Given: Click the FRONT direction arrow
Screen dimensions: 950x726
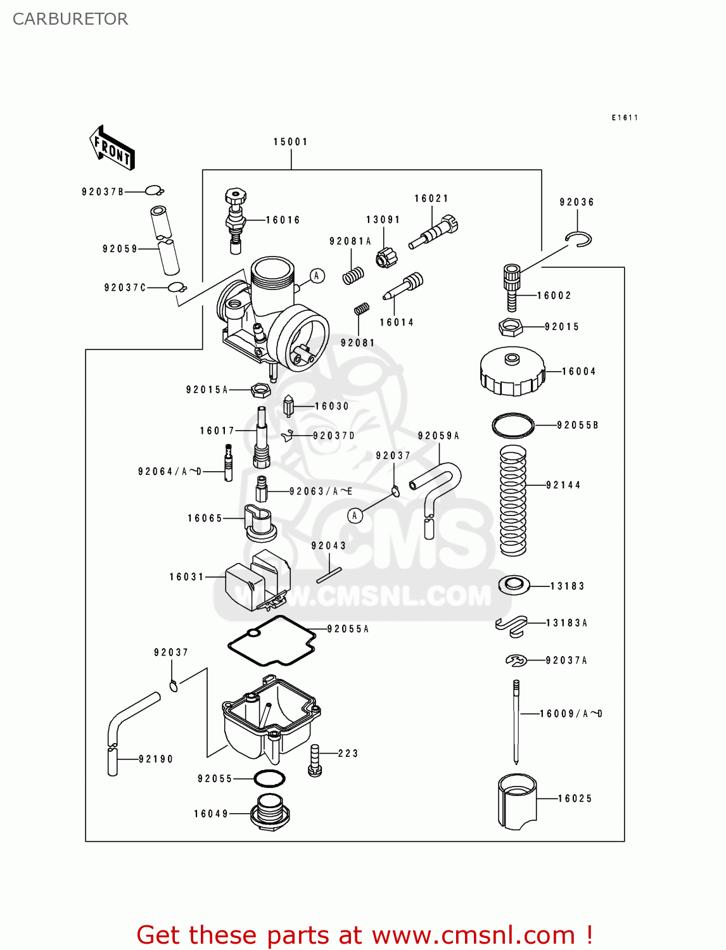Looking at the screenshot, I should click(112, 148).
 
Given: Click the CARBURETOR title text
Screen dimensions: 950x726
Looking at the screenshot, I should click(70, 19).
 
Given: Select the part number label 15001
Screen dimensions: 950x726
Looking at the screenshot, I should click(291, 142).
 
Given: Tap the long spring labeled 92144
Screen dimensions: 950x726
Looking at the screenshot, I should click(513, 500).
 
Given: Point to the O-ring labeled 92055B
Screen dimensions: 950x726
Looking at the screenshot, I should click(513, 425).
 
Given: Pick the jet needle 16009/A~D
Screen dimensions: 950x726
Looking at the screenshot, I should click(516, 722).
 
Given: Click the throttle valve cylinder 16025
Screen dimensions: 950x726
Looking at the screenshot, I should click(517, 801).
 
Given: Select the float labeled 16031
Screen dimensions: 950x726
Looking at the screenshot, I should click(257, 579).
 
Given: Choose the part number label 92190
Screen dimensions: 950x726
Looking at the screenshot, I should click(156, 759).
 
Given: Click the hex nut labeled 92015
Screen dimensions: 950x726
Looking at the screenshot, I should click(510, 327).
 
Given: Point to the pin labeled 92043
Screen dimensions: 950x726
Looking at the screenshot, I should click(329, 575).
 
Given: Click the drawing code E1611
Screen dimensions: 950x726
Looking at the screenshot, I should click(625, 118).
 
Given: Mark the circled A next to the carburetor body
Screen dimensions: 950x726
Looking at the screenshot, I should click(317, 275).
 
